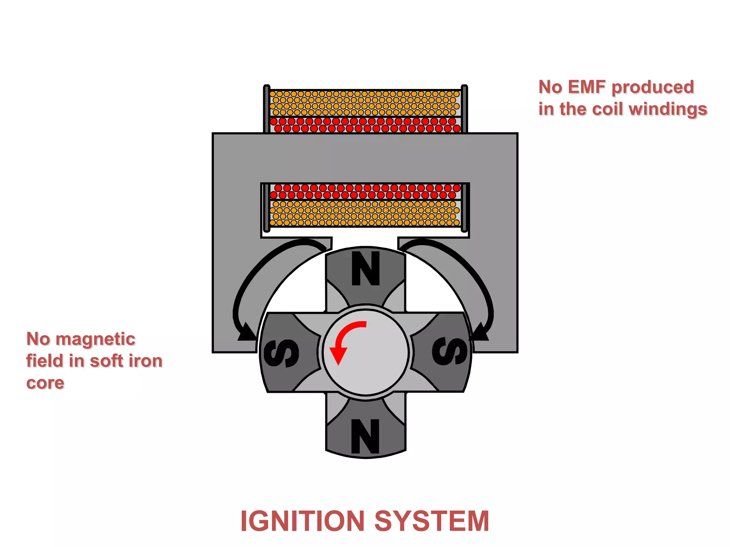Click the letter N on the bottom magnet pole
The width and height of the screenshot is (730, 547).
[365, 436]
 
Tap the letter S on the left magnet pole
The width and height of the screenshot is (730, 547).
[281, 353]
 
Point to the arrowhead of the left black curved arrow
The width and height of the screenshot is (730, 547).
[246, 333]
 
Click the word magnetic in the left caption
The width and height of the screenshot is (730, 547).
[95, 339]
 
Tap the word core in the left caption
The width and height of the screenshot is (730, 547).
[45, 383]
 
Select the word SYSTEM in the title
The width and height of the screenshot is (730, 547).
[432, 521]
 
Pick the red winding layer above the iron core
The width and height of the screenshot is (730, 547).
[365, 125]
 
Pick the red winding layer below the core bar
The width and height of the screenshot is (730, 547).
[365, 192]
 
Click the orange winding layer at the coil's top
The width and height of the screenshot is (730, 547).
[365, 103]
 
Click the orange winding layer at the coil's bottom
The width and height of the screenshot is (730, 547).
[365, 214]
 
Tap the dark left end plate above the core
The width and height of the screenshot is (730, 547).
[267, 109]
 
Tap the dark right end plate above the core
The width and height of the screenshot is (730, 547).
[464, 109]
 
